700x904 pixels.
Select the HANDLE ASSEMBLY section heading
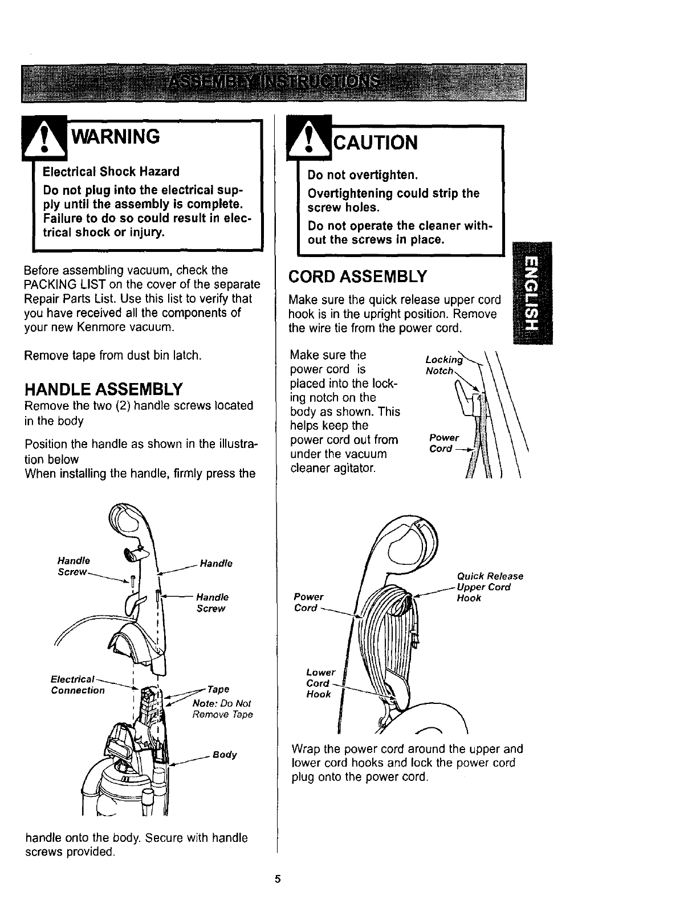tap(103, 390)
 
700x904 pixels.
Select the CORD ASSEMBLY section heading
tap(357, 277)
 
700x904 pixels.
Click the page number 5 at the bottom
tap(278, 878)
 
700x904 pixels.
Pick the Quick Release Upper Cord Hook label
tap(489, 587)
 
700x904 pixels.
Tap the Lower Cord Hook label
tap(320, 683)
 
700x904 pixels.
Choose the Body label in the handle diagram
tap(225, 755)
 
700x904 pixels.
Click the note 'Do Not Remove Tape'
tap(223, 709)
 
